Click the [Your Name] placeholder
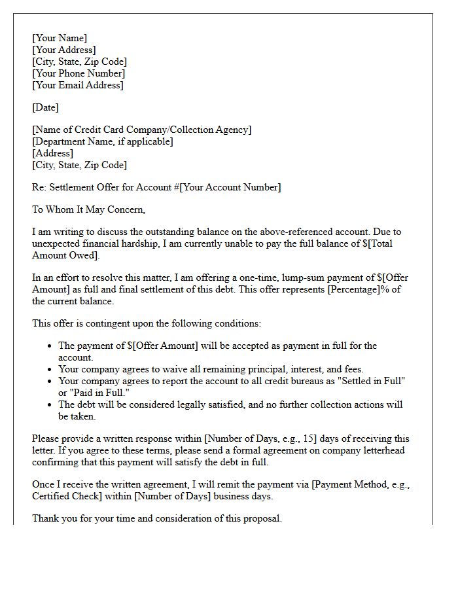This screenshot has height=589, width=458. [x=60, y=38]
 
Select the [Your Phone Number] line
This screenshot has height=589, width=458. [x=79, y=73]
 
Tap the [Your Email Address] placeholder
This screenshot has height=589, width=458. [x=78, y=85]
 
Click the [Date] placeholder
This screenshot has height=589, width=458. [x=45, y=107]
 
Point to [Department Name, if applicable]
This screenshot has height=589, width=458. [x=103, y=141]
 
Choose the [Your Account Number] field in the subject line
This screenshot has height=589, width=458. [x=230, y=187]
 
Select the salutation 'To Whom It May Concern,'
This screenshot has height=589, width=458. [x=88, y=210]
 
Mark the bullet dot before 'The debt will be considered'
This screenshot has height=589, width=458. [x=50, y=404]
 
